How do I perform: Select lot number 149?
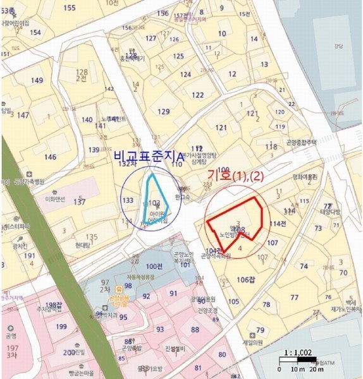(37, 80)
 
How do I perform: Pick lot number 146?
(50, 157)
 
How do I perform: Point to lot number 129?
(164, 112)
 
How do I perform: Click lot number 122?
(198, 95)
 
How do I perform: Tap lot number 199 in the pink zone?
(61, 327)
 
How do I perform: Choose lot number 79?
(260, 330)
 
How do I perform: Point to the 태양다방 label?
(329, 212)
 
